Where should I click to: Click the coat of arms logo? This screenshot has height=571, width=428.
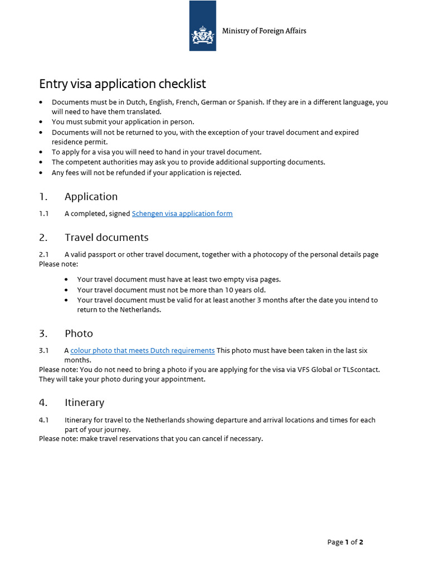203,35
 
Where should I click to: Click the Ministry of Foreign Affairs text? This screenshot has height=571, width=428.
264,31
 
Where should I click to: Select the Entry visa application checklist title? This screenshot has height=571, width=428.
122,84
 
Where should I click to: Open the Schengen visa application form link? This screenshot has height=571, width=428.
182,214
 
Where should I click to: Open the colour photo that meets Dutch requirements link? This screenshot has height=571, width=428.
142,351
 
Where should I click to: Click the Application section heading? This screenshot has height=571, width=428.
91,197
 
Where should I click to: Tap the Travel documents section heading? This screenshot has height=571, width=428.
106,238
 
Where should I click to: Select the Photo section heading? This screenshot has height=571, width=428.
79,333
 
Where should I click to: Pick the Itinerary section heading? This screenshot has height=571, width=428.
84,403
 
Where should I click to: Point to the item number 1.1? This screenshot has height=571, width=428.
44,214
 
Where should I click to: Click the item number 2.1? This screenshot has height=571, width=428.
44,255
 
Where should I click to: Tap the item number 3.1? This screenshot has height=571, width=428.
44,351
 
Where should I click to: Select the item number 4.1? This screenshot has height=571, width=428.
44,420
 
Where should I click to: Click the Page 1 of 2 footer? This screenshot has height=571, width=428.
345,542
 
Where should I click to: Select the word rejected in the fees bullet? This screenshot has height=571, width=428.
225,173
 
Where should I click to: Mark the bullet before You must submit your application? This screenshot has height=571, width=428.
41,122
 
